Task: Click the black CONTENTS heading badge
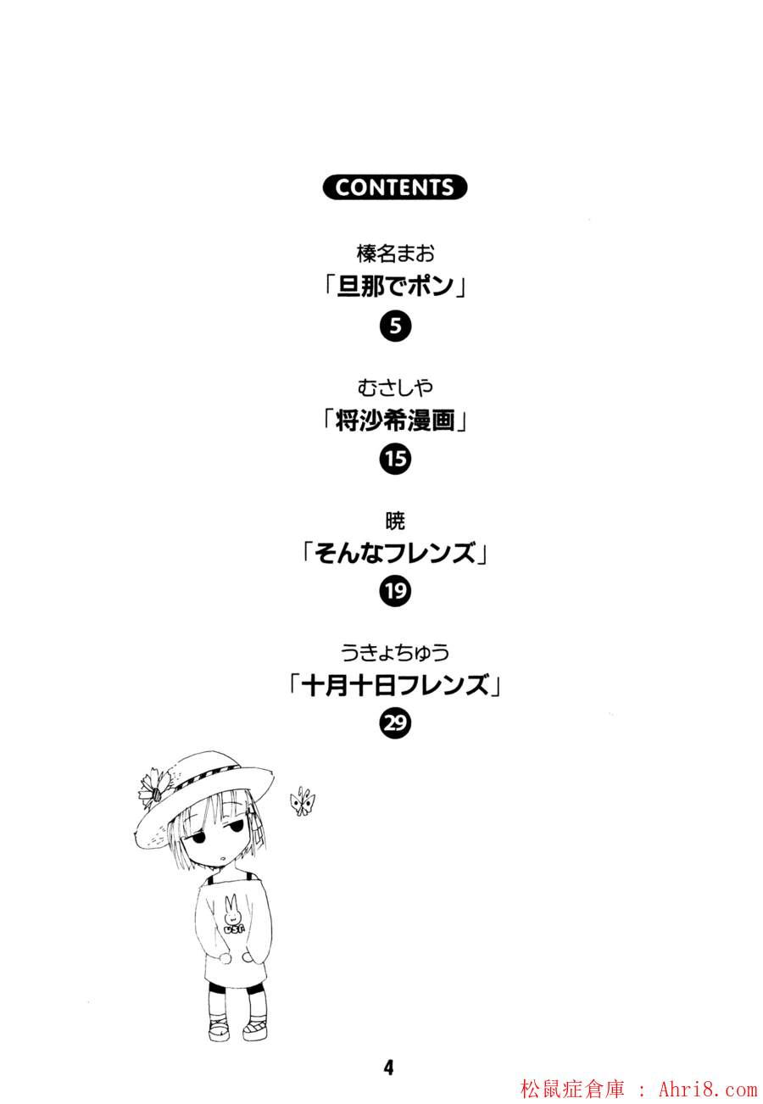(395, 187)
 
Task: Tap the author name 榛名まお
(395, 254)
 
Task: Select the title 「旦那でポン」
(395, 287)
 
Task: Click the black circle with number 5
(395, 326)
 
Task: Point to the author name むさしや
(395, 388)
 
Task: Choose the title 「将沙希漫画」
(395, 421)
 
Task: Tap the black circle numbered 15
(395, 460)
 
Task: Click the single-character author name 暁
(395, 521)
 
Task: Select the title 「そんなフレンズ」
(395, 553)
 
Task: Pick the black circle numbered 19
(395, 591)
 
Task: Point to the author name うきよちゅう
(395, 654)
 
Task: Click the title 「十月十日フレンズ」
(395, 686)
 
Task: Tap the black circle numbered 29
(395, 723)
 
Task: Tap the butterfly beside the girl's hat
(303, 802)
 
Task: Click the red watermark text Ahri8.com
(708, 1088)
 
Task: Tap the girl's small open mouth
(223, 858)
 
